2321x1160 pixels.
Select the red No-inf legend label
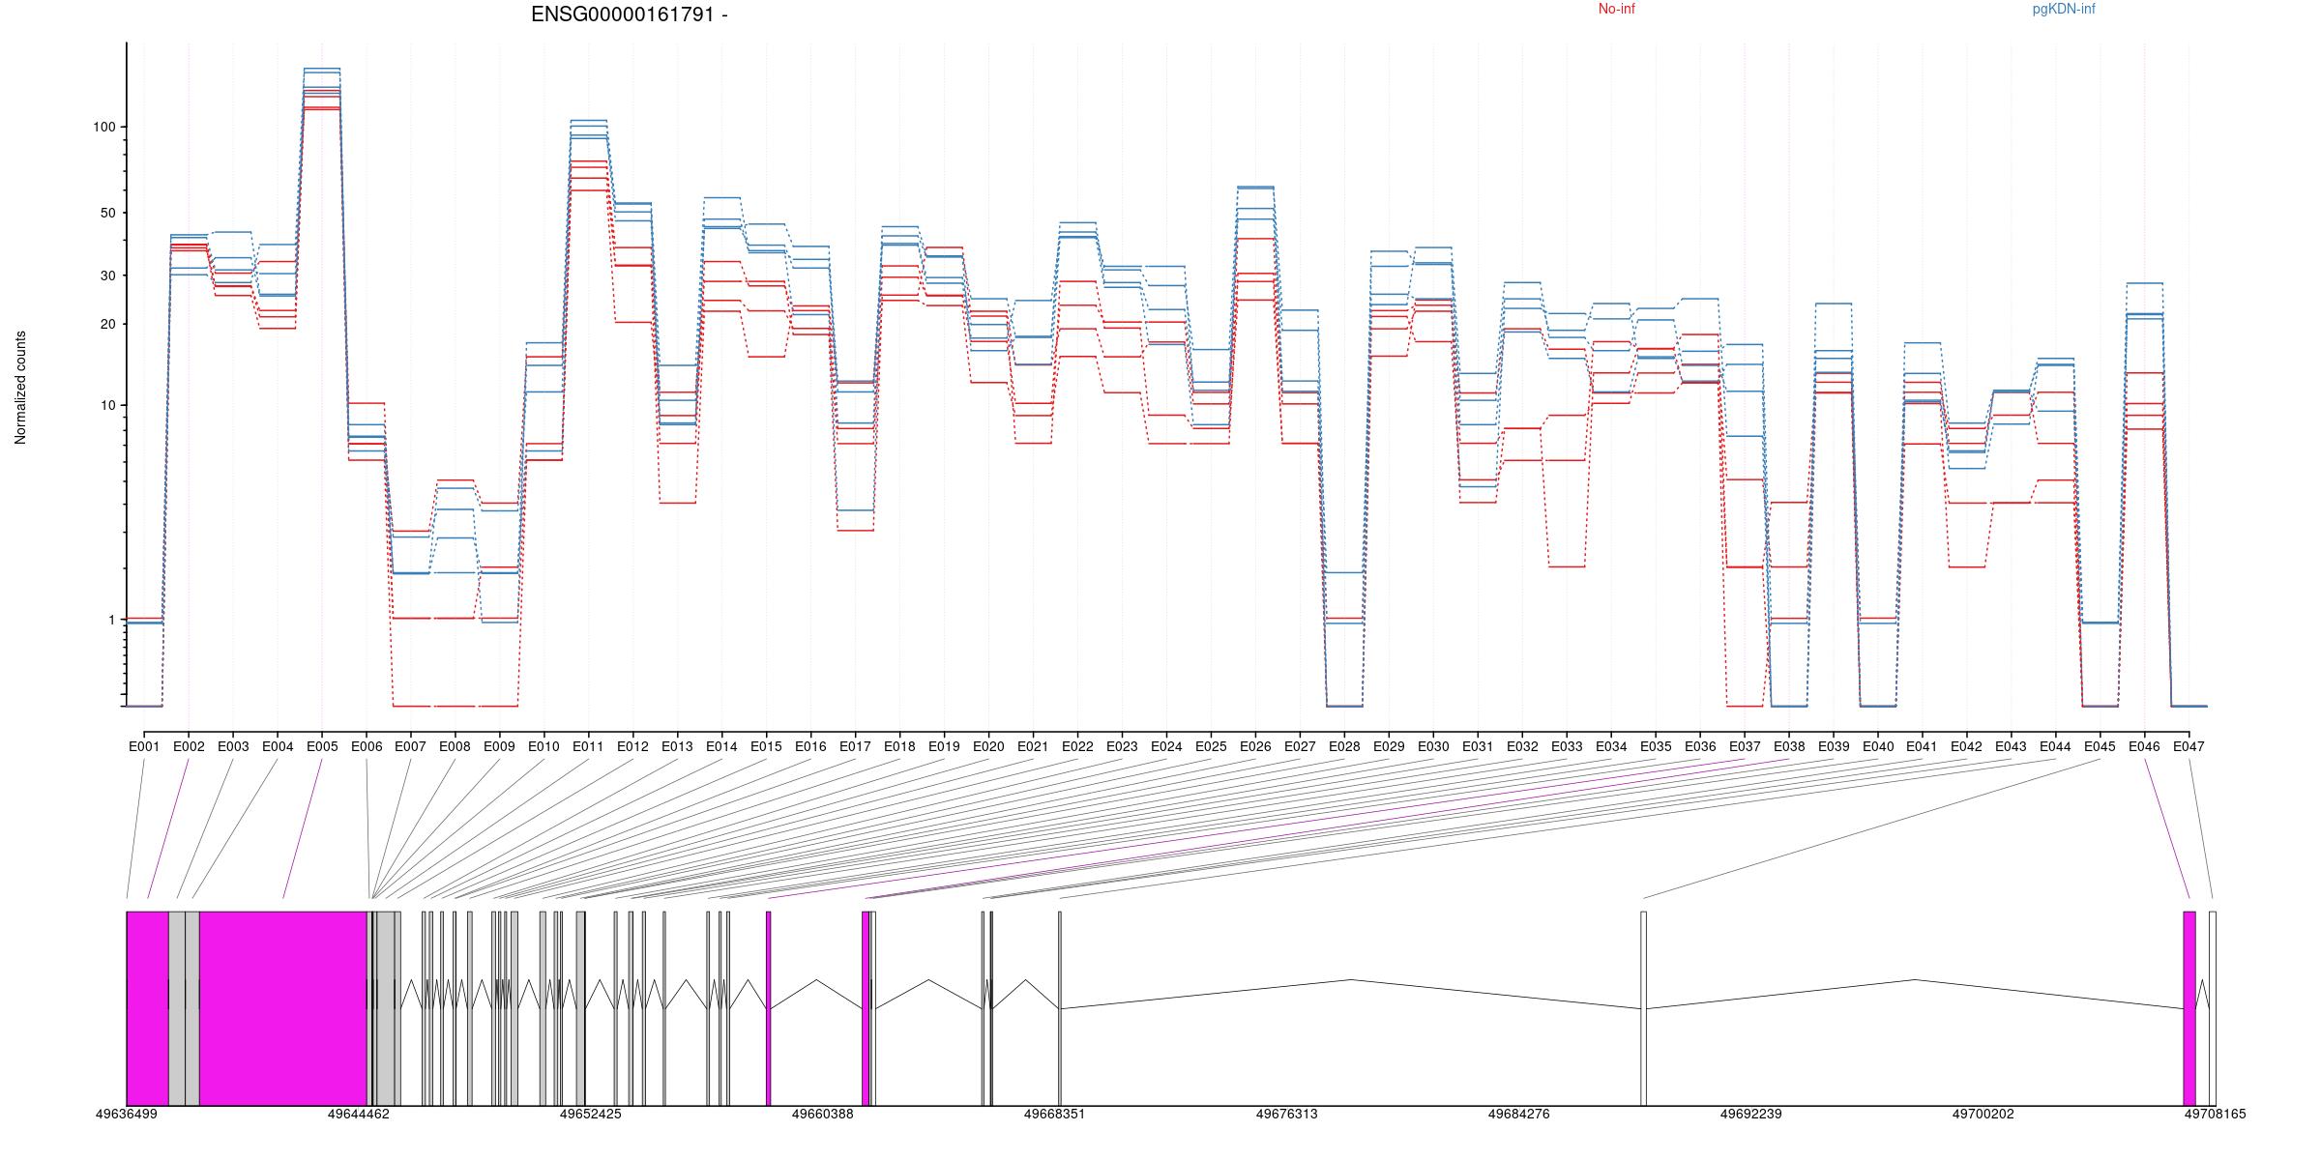[1616, 10]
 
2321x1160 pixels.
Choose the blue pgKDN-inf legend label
[2064, 10]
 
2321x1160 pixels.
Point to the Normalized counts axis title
[20, 388]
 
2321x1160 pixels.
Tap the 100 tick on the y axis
[103, 127]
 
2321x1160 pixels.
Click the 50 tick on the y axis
[107, 213]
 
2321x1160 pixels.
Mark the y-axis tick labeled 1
[111, 620]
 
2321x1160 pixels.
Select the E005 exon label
[322, 746]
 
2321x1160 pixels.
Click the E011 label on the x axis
[588, 746]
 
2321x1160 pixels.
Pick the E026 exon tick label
[1255, 746]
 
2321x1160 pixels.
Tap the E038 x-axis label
[1789, 746]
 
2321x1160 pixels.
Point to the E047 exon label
[2189, 746]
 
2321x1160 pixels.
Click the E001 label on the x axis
[144, 746]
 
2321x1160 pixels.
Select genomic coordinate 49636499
[127, 1114]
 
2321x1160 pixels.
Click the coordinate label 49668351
[1055, 1114]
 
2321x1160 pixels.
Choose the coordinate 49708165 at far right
[2216, 1114]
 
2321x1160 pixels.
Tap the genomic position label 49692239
[1751, 1114]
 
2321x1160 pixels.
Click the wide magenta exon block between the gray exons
[283, 1008]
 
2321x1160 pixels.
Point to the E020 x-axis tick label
[988, 746]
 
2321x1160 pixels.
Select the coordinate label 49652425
[591, 1114]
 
